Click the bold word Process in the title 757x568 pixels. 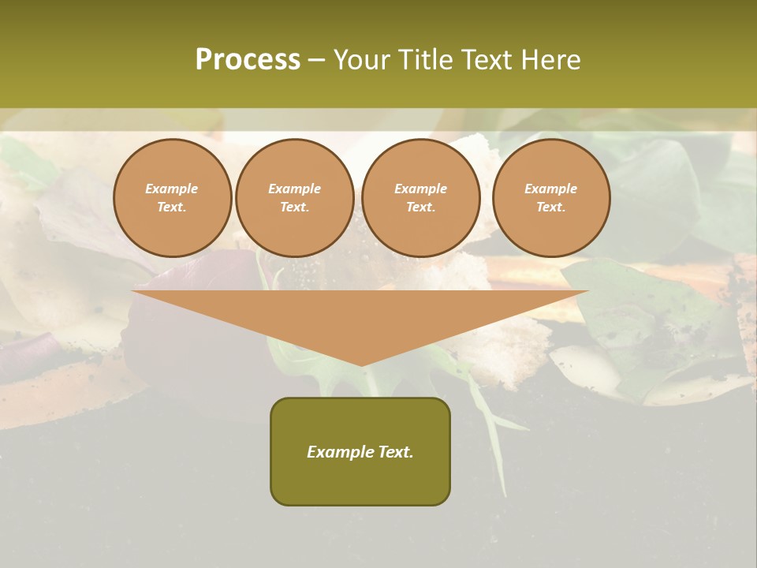(248, 60)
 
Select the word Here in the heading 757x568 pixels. (551, 60)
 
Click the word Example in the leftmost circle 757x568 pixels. (172, 189)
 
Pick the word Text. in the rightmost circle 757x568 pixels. (551, 207)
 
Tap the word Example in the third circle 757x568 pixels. (421, 189)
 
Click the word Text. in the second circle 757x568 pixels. (295, 207)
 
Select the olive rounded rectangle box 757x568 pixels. (360, 481)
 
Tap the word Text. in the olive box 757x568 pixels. (395, 452)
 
